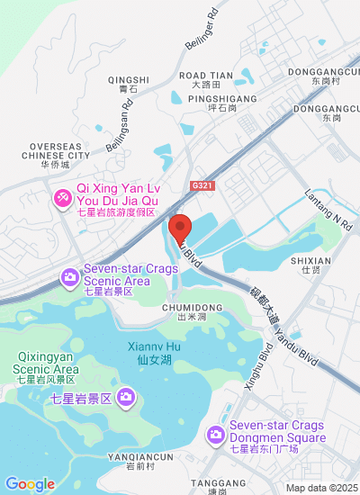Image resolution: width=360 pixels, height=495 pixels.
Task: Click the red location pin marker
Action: [180, 229]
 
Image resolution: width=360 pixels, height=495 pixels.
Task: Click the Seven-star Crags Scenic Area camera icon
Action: [69, 277]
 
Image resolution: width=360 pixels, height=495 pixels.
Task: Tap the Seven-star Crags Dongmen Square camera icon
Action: [215, 435]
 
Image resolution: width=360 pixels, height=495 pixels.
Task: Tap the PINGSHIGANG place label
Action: [220, 99]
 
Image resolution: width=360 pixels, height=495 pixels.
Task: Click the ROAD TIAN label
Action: [206, 76]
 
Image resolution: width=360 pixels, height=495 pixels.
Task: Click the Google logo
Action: [30, 484]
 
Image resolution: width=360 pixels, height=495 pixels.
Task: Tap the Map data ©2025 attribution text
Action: [321, 488]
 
